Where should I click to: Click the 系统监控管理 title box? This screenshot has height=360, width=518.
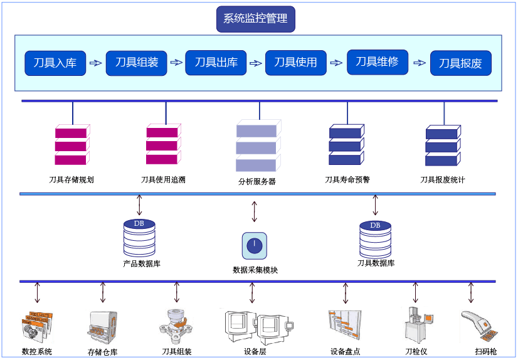(255, 19)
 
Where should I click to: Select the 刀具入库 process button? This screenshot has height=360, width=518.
(55, 63)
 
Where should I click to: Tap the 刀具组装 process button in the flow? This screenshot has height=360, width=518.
(136, 62)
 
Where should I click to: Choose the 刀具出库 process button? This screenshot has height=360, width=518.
(216, 62)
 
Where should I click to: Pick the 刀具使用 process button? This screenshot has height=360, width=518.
(296, 62)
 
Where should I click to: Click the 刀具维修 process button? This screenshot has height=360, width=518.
(377, 61)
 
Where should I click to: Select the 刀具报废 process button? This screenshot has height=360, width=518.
(460, 63)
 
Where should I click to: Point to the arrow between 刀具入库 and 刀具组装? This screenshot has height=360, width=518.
(95, 63)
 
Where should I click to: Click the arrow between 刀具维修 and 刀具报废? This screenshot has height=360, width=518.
(418, 63)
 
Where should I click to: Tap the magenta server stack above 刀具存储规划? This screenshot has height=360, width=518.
(71, 146)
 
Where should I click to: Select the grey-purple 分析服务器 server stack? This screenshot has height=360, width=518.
(257, 146)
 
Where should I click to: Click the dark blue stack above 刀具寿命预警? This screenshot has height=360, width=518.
(346, 146)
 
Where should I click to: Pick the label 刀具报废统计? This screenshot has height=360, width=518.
(443, 180)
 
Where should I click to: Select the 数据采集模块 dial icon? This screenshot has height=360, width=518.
(254, 245)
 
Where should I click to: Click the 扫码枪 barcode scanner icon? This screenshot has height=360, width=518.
(479, 326)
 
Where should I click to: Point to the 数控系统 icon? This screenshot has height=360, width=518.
(37, 326)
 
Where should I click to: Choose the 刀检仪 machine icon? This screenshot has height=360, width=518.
(415, 324)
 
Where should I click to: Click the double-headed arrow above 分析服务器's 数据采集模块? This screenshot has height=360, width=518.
(254, 211)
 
